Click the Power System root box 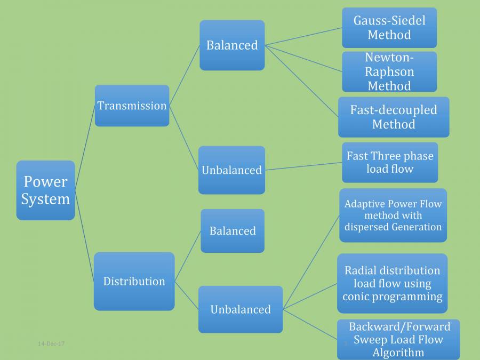tap(45, 190)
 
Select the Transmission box tap(132, 106)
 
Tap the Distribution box tap(134, 281)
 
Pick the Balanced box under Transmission tap(232, 45)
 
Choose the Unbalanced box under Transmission tap(231, 170)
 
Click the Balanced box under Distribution tap(232, 231)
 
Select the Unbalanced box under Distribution tap(240, 309)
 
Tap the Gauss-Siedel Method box tap(389, 28)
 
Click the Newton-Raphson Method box tap(389, 71)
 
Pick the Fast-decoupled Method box tap(394, 117)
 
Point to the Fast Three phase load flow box tap(390, 162)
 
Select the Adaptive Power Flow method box tap(393, 215)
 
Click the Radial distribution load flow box tap(392, 283)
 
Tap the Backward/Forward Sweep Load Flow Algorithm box tap(398, 340)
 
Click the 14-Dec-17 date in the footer tap(51, 343)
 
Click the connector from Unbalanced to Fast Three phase tap(303, 166)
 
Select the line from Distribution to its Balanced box tap(188, 256)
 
